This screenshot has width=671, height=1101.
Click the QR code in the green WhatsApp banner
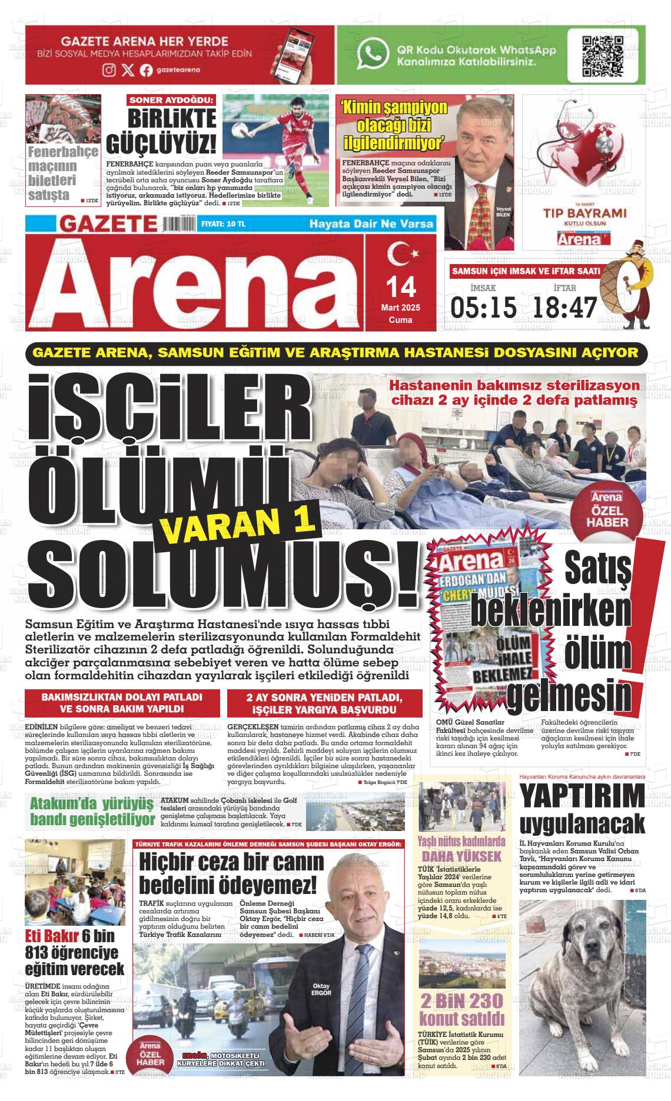602,56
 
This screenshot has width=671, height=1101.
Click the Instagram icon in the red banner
109,70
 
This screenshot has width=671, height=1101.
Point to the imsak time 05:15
483,306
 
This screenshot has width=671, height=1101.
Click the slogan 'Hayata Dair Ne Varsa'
371,224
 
